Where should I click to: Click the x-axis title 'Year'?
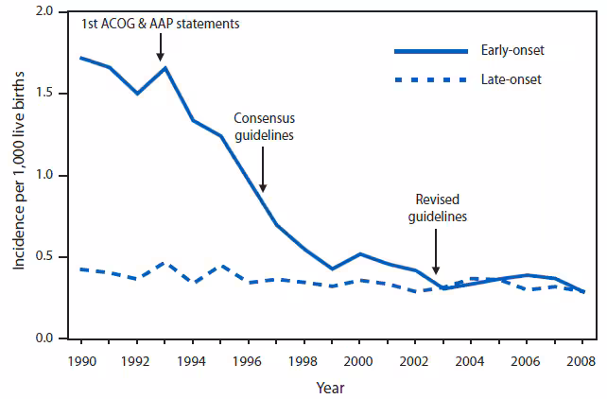[330, 387]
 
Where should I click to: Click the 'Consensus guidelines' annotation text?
[264, 128]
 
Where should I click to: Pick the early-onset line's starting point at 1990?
[80, 58]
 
